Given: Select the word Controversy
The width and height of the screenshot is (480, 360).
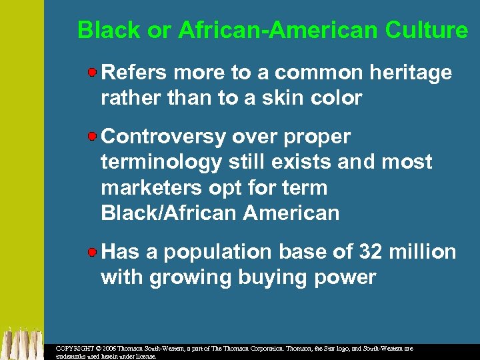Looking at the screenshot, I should click(163, 137).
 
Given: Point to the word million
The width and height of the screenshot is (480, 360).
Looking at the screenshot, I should click(423, 252).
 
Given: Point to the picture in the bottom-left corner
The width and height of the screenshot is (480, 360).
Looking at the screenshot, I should click(21, 343).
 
